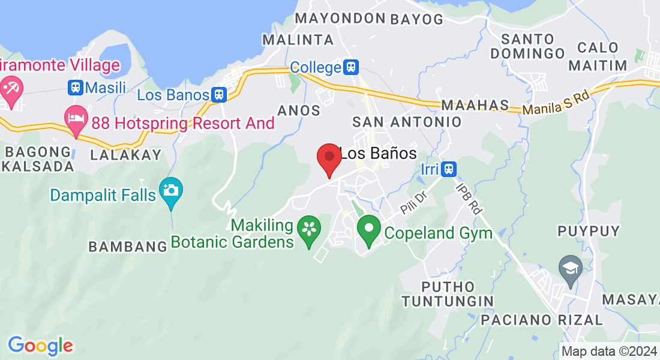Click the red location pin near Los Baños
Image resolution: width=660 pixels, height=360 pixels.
tap(329, 158)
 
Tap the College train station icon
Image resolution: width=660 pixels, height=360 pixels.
tap(351, 67)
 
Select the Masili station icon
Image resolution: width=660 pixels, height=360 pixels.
tap(76, 88)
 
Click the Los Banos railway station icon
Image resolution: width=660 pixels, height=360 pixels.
tap(219, 94)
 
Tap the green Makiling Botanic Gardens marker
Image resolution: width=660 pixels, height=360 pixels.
tap(309, 230)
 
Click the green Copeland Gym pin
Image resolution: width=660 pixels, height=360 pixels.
tap(369, 229)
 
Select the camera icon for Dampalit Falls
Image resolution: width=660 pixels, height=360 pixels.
tap(171, 191)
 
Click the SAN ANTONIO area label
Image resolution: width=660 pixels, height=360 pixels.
tap(407, 122)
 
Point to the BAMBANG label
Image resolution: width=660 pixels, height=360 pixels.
tap(127, 246)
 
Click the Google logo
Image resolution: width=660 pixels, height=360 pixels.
tap(40, 346)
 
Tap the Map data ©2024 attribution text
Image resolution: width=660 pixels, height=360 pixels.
tap(609, 352)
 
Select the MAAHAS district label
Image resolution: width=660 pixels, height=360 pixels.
tap(475, 106)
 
